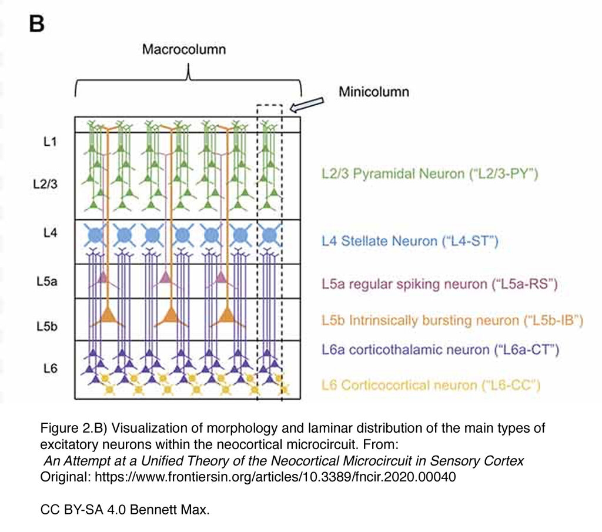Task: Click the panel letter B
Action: [x=37, y=24]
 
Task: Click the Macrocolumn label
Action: [x=184, y=49]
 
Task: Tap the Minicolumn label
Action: [x=374, y=92]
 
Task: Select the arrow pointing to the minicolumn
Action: [x=306, y=105]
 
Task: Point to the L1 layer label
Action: [x=51, y=142]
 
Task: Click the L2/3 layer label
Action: [x=45, y=184]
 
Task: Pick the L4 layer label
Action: [x=51, y=233]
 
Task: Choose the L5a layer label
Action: [x=47, y=282]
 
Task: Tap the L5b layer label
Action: [x=47, y=326]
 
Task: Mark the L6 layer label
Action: [x=51, y=369]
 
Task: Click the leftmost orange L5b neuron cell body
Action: [x=108, y=316]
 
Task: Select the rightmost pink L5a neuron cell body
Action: [x=221, y=277]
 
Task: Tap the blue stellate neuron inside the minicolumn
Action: [x=269, y=235]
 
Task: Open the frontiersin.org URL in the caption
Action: [x=275, y=477]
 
